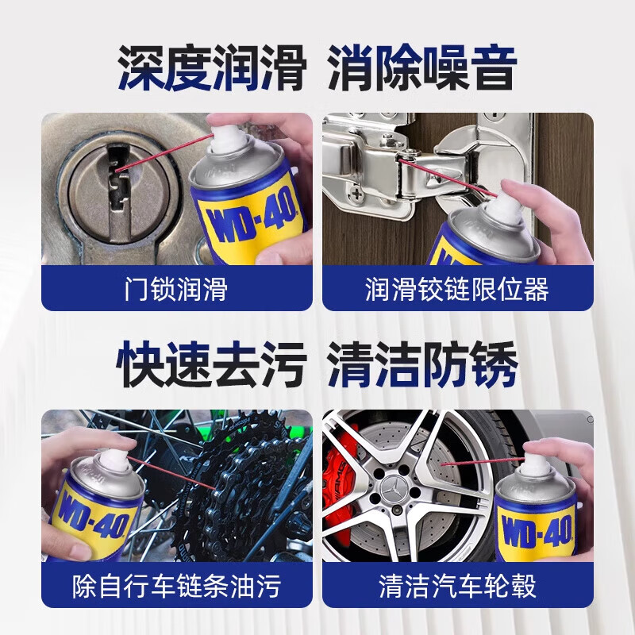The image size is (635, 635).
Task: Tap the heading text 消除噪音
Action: (x=421, y=67)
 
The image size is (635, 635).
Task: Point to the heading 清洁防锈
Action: (x=422, y=364)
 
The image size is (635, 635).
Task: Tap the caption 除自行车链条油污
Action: (x=177, y=586)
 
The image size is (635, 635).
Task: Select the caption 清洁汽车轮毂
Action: (x=457, y=586)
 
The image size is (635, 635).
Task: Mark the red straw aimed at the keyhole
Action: (x=167, y=153)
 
